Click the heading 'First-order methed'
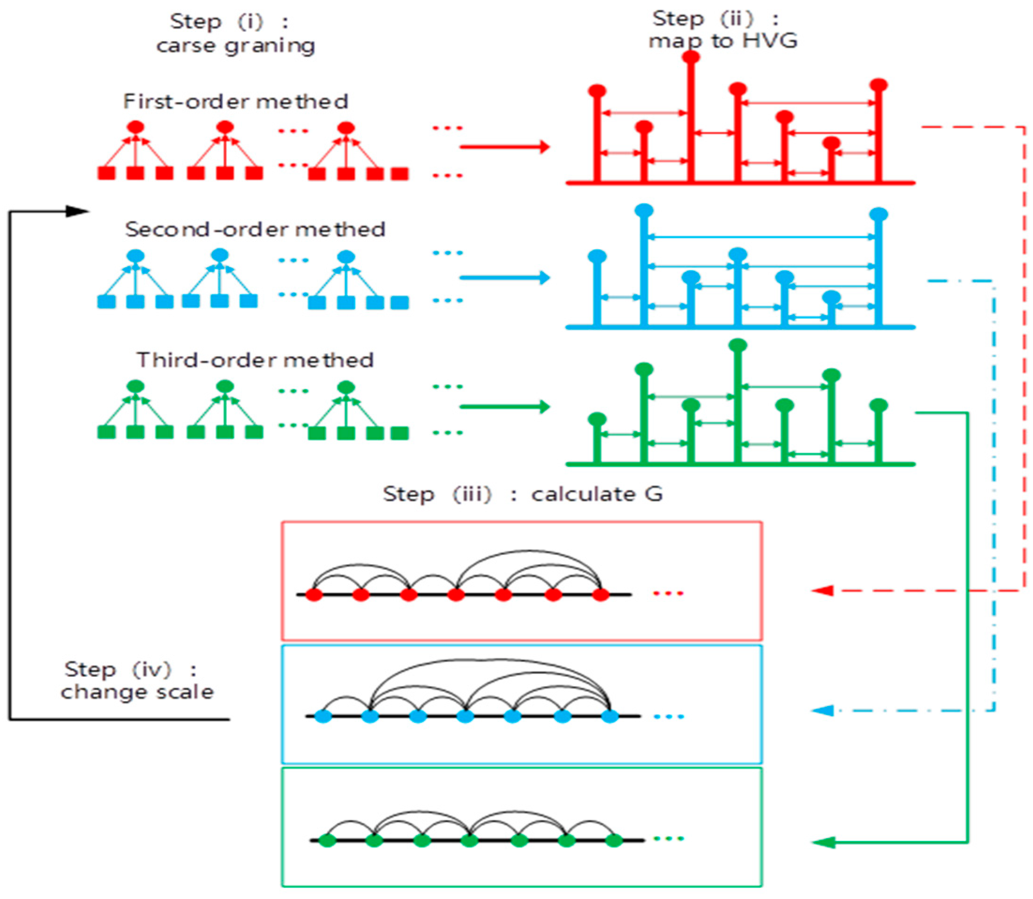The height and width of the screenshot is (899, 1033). [x=236, y=102]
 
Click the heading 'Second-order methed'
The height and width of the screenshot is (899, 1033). [x=255, y=230]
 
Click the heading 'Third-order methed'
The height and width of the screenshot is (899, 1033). [x=255, y=360]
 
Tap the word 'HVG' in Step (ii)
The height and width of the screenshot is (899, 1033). [x=770, y=41]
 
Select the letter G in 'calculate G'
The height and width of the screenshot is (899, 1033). [x=653, y=494]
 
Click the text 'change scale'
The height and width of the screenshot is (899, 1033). [x=137, y=692]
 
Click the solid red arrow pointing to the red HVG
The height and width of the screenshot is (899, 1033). [x=504, y=147]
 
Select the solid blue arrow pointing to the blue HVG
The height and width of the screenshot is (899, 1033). [x=504, y=277]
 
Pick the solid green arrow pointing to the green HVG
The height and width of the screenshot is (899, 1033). [x=504, y=406]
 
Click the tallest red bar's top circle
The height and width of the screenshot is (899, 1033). [x=691, y=57]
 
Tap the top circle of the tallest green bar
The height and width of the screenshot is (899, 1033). [x=738, y=345]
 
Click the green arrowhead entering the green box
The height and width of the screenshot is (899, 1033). [x=822, y=842]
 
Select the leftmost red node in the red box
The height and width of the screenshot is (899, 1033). [x=314, y=595]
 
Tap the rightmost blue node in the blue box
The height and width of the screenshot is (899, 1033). [x=610, y=716]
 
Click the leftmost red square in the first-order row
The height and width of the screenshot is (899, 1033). [x=106, y=173]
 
